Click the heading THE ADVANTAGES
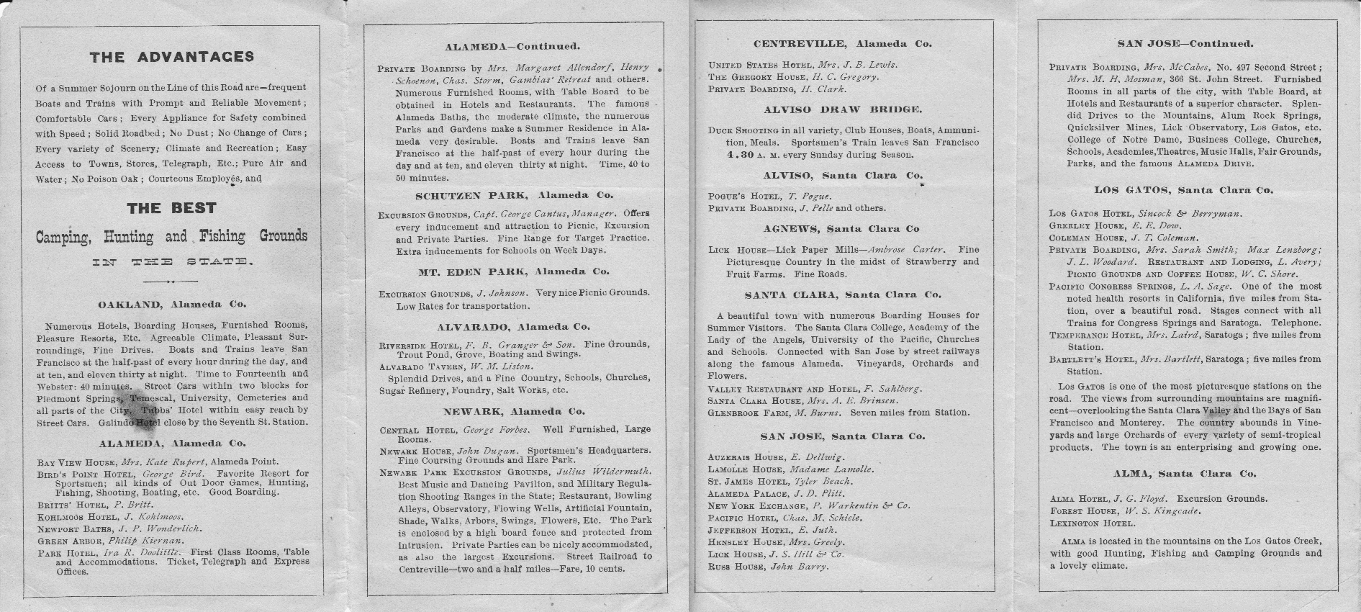point(171,57)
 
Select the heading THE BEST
point(171,208)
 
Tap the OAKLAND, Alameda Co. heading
point(171,305)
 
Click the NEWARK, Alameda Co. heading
point(514,412)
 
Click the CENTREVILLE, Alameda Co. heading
point(842,44)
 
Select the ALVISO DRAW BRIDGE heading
point(843,110)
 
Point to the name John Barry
point(800,567)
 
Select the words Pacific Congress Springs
point(1111,287)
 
